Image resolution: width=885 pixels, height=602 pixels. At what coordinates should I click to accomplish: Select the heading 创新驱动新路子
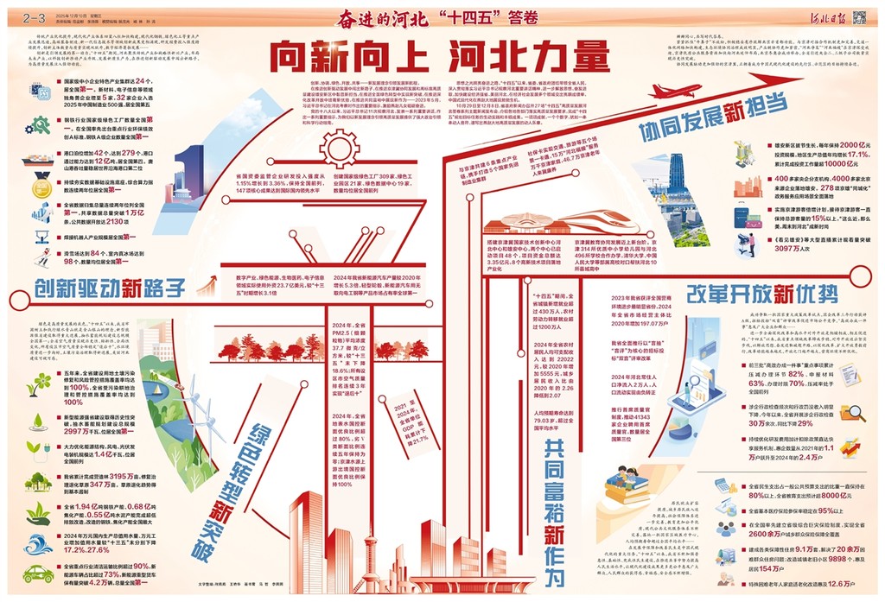(x=111, y=287)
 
